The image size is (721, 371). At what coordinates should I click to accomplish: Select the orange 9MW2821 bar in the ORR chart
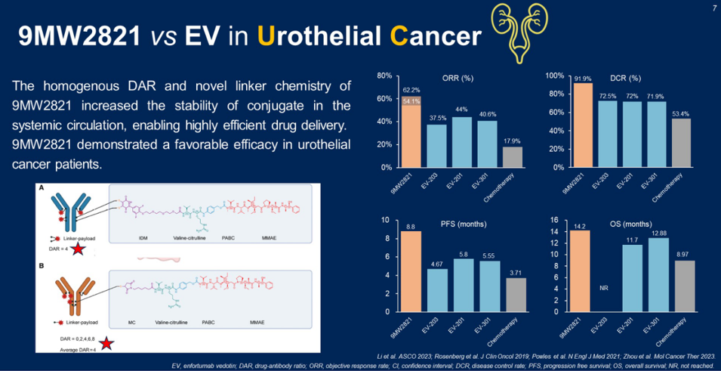coord(411,132)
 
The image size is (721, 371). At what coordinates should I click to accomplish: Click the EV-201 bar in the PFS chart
coord(464,286)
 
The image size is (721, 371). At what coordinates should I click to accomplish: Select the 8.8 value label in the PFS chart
coord(411,225)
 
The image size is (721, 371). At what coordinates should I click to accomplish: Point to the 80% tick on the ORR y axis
coord(384,76)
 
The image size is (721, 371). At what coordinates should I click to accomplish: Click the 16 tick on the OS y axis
coord(554,221)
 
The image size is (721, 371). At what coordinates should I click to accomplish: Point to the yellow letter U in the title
coord(267,36)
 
